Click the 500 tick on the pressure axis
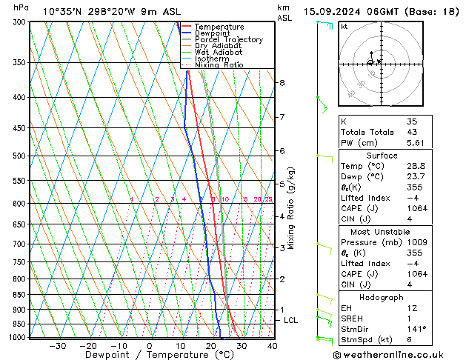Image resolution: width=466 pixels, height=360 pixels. (19, 156)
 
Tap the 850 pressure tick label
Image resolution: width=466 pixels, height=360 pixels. (19, 295)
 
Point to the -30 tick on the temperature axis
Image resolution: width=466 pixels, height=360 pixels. (57, 346)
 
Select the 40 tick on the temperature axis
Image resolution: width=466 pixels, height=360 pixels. (272, 346)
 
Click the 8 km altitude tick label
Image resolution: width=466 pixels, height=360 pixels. (282, 82)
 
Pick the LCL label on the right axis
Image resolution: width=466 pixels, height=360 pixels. (291, 320)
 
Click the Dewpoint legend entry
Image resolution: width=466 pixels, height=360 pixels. (211, 33)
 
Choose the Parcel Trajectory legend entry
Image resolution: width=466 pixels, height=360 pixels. (228, 39)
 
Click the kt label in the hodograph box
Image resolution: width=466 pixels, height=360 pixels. (344, 27)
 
